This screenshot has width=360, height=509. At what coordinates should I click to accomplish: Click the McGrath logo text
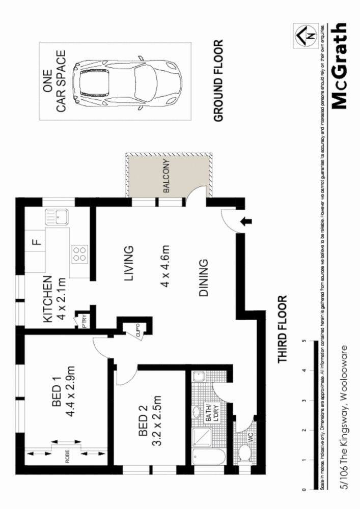click(339, 66)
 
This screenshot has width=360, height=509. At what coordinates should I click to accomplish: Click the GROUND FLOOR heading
click(218, 81)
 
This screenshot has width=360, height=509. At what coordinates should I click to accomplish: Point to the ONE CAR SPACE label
click(54, 81)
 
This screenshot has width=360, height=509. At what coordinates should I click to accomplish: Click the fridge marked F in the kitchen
click(36, 242)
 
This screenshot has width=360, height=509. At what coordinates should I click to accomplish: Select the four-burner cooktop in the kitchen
click(80, 253)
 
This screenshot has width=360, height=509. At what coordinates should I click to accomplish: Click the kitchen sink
click(57, 217)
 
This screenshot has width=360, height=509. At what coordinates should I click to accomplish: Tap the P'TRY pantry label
click(82, 322)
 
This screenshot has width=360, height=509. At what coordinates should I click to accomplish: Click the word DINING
click(202, 278)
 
